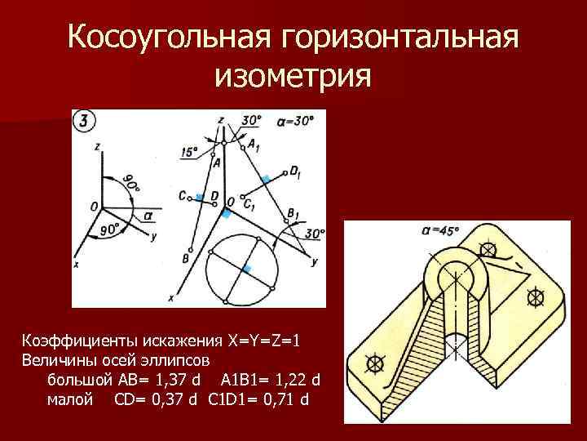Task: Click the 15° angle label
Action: (x=189, y=152)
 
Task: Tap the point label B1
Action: (x=293, y=214)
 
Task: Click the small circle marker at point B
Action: (x=191, y=250)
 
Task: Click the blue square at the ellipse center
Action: (x=248, y=269)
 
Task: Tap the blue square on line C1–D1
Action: (x=265, y=177)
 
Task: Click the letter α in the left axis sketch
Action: (x=147, y=216)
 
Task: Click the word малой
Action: (x=69, y=400)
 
